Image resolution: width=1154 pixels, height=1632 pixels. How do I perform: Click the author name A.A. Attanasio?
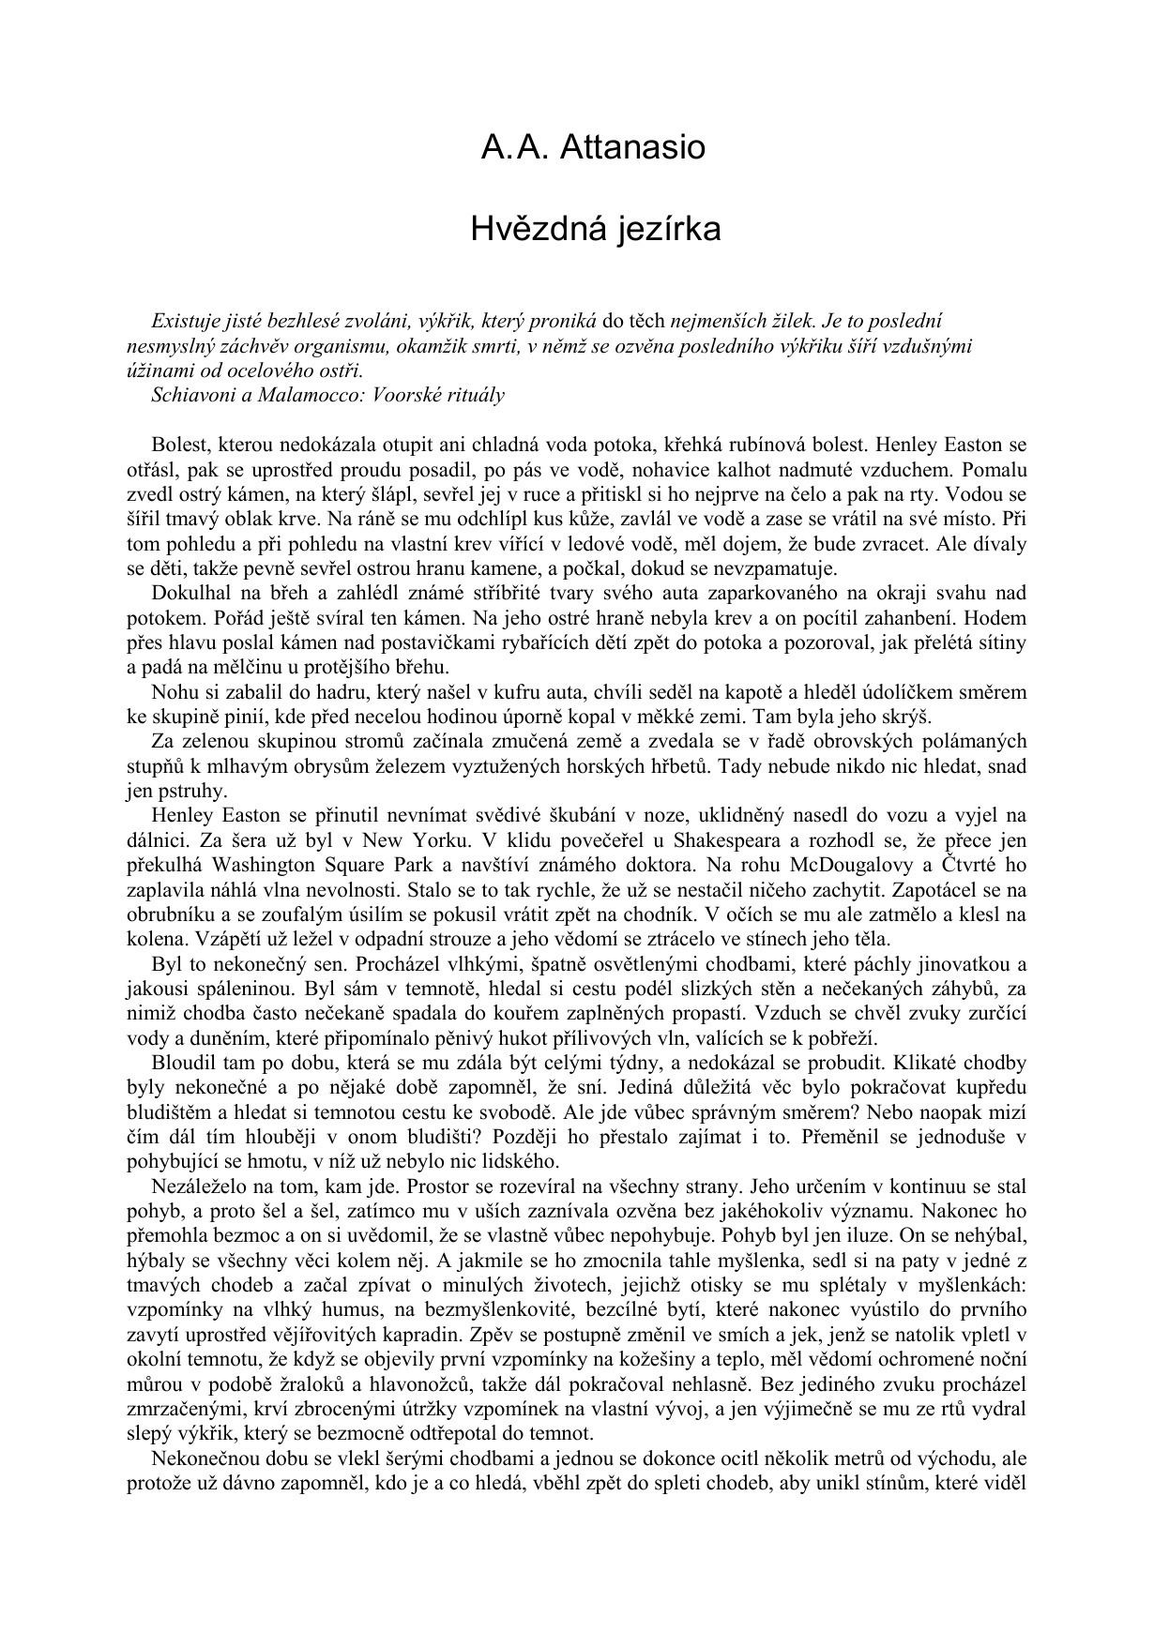(x=593, y=147)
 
